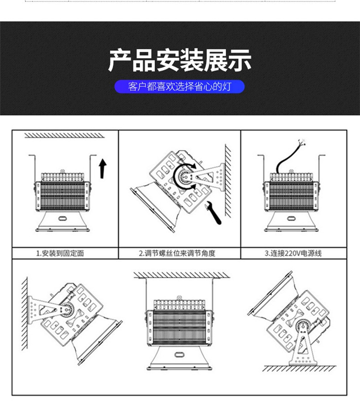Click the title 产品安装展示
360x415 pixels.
pyautogui.click(x=180, y=61)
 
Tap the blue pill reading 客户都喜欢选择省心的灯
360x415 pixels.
pyautogui.click(x=180, y=87)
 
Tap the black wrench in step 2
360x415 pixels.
pyautogui.click(x=214, y=212)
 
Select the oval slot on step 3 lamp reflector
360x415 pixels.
pyautogui.click(x=292, y=218)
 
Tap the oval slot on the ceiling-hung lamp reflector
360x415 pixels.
pyautogui.click(x=180, y=354)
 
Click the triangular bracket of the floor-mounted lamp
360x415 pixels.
pyautogui.click(x=301, y=345)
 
